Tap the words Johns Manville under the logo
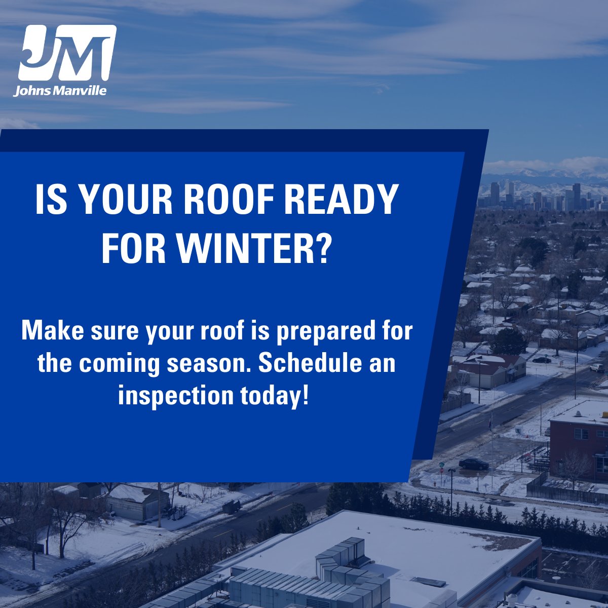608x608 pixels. click(60, 92)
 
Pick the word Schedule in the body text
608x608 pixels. click(310, 363)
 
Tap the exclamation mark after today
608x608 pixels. click(304, 394)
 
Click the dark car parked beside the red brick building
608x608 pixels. click(474, 464)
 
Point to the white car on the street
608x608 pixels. click(597, 368)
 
